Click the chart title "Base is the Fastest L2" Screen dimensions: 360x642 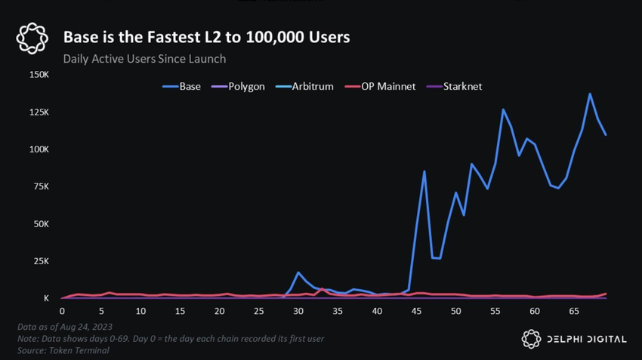pyautogui.click(x=206, y=37)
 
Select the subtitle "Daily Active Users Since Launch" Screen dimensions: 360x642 pyautogui.click(x=144, y=58)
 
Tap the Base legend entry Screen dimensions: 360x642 pyautogui.click(x=182, y=87)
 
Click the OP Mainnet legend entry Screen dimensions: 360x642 pyautogui.click(x=380, y=87)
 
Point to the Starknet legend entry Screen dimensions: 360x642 pyautogui.click(x=454, y=87)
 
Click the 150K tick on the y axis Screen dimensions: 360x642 pyautogui.click(x=39, y=75)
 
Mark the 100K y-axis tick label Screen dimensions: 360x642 pyautogui.click(x=39, y=149)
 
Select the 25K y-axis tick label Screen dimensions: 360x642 pyautogui.click(x=41, y=261)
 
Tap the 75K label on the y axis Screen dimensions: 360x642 pyautogui.click(x=41, y=186)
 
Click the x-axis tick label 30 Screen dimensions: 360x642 pyautogui.click(x=298, y=311)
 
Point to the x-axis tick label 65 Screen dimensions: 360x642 pyautogui.click(x=574, y=311)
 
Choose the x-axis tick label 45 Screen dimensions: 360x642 pyautogui.click(x=416, y=311)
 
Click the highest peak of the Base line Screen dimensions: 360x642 pyautogui.click(x=590, y=94)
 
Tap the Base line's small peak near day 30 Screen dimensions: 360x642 pyautogui.click(x=298, y=272)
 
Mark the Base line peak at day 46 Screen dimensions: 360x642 pyautogui.click(x=424, y=171)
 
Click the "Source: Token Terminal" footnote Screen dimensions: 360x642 pyautogui.click(x=63, y=350)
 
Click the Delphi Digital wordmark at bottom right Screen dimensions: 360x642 pyautogui.click(x=586, y=340)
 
